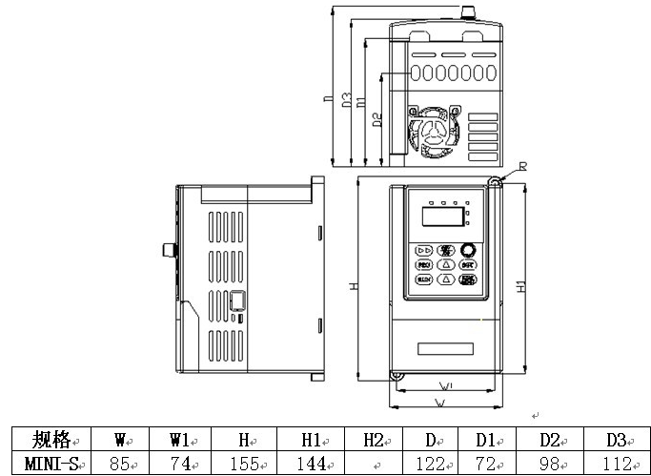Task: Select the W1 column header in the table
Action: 182,440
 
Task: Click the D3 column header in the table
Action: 615,440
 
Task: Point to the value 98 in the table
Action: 551,464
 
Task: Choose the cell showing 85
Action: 120,464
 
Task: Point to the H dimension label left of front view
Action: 352,287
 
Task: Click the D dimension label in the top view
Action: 326,98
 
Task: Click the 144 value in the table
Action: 311,464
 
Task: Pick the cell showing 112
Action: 615,464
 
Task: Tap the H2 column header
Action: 374,440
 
